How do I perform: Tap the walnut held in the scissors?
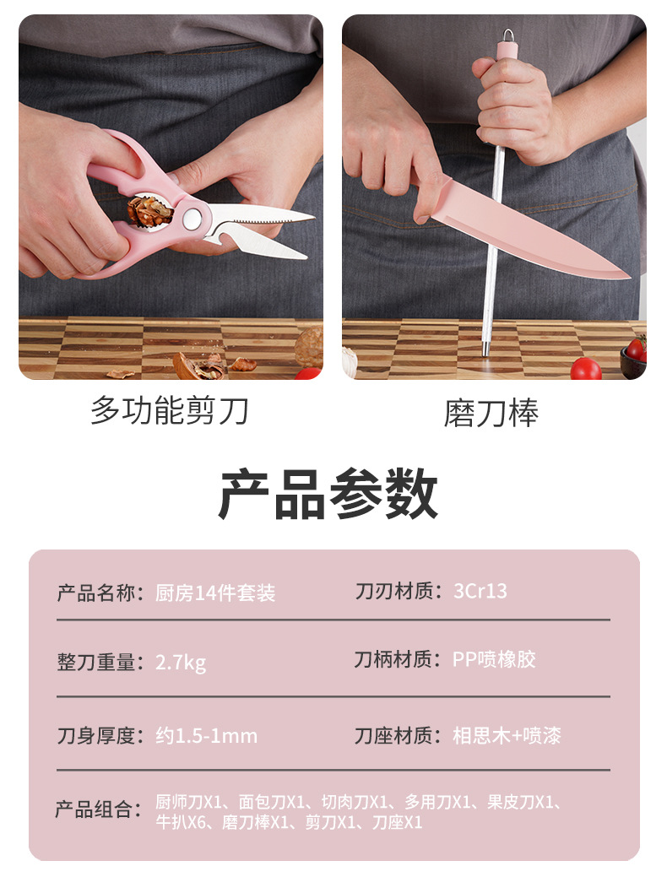pos(148,211)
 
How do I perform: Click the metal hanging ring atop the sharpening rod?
pos(507,35)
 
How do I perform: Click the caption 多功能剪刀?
pos(170,410)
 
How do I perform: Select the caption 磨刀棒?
pos(491,414)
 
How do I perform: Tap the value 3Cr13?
pos(480,591)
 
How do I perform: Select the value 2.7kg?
pos(181,663)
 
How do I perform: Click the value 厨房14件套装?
pos(215,593)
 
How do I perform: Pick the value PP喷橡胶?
pos(494,659)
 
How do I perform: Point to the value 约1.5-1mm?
pos(207,736)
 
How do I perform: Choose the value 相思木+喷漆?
pos(507,735)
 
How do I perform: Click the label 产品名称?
pos(95,593)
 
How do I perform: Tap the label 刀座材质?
pos(393,735)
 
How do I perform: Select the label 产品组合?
pos(94,809)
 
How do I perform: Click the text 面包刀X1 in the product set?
pos(271,803)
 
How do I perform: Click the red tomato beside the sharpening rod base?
pos(586,369)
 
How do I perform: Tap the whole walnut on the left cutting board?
pos(310,347)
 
